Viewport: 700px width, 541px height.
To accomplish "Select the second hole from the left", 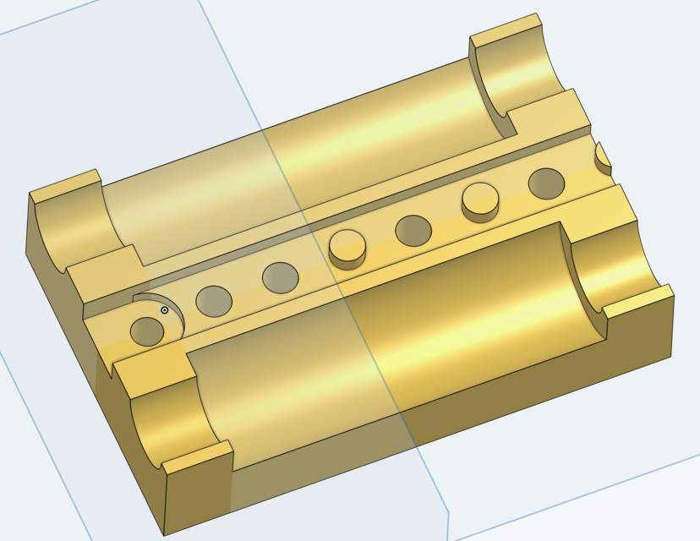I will point(214,300).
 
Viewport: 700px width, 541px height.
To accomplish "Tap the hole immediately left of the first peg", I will point(280,276).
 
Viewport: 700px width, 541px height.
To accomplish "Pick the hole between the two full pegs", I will point(413,230).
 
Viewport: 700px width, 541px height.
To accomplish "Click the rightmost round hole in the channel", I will point(546,183).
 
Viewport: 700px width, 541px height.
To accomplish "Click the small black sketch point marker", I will point(165,310).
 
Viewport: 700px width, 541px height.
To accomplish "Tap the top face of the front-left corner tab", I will point(197,457).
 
